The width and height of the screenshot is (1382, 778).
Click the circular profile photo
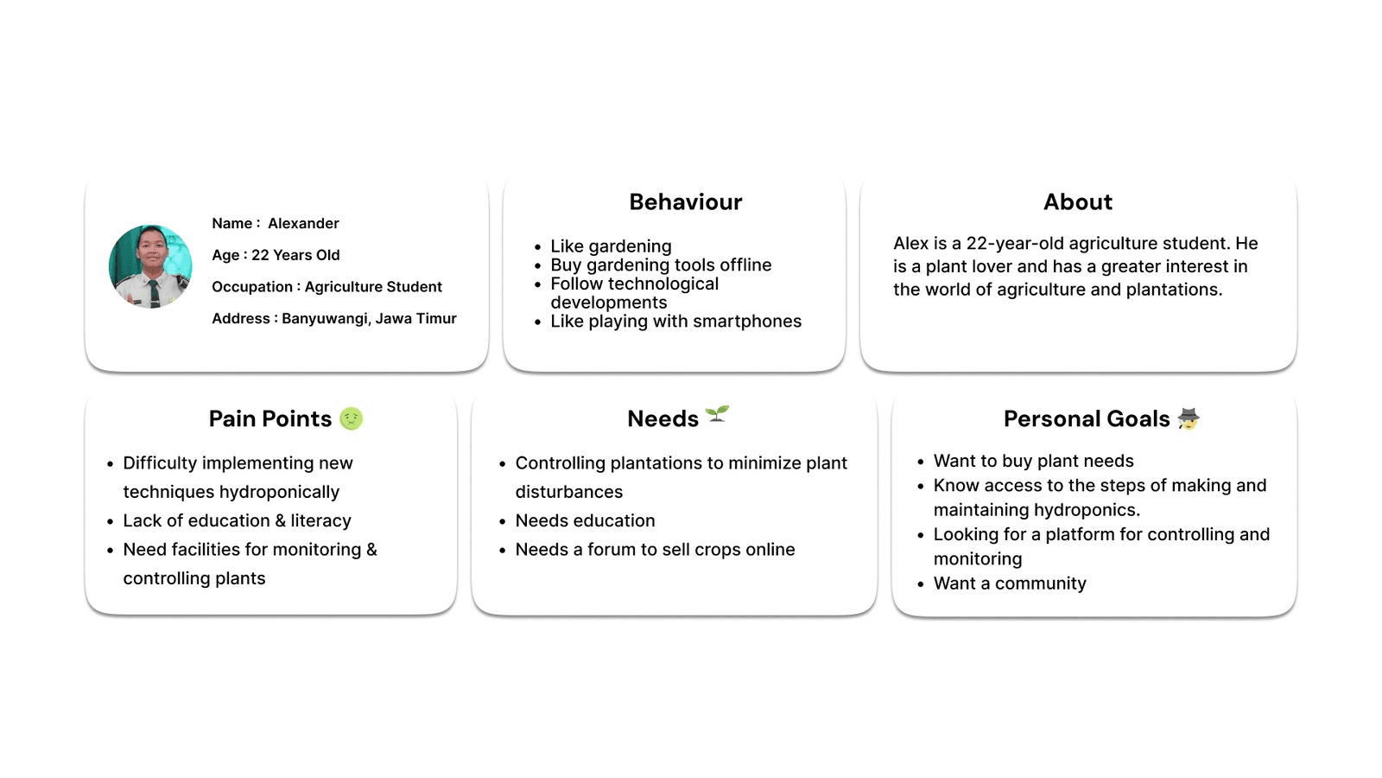pyautogui.click(x=150, y=266)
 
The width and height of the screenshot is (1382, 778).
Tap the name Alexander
pyautogui.click(x=303, y=223)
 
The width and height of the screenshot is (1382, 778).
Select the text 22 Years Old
pyautogui.click(x=295, y=255)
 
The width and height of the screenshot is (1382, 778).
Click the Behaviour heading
pyautogui.click(x=685, y=202)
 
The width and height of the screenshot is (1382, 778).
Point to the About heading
pyautogui.click(x=1077, y=202)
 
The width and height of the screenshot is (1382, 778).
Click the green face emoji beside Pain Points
pyautogui.click(x=351, y=418)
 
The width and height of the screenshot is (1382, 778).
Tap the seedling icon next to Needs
pyautogui.click(x=717, y=415)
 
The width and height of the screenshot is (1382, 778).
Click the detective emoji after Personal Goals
pyautogui.click(x=1189, y=418)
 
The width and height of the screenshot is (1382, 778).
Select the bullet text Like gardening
pyautogui.click(x=611, y=246)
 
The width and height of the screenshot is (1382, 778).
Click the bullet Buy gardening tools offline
pyautogui.click(x=661, y=265)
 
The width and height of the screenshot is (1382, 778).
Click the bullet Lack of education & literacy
pyautogui.click(x=237, y=520)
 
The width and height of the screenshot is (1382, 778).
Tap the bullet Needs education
pyautogui.click(x=585, y=520)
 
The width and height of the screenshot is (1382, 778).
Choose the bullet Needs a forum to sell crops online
pyautogui.click(x=655, y=550)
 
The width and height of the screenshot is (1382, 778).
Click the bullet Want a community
pyautogui.click(x=1010, y=583)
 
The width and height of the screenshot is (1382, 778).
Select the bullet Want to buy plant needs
pyautogui.click(x=1033, y=461)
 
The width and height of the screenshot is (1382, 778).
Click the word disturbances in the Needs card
pyautogui.click(x=568, y=492)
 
